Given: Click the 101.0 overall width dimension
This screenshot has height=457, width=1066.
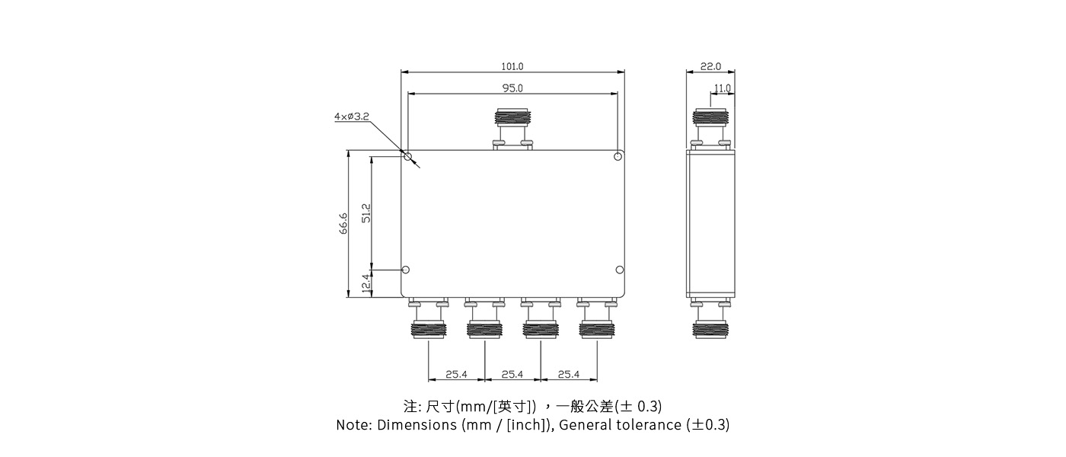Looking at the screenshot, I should [512, 67].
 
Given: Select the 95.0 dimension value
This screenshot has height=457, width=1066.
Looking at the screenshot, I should [512, 88].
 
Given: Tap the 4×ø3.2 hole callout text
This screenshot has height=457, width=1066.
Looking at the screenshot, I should [351, 117].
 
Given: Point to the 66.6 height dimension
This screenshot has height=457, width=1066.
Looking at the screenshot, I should [343, 223].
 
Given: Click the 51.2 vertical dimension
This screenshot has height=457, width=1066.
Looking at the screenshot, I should [366, 213].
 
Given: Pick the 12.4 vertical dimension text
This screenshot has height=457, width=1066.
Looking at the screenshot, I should [366, 283].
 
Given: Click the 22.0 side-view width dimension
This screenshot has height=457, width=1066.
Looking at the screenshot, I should [710, 67].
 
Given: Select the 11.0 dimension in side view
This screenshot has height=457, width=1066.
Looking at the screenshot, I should [722, 88].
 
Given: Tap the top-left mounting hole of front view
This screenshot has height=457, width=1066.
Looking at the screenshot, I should [408, 158].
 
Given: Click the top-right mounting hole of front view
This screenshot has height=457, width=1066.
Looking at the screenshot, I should [618, 157].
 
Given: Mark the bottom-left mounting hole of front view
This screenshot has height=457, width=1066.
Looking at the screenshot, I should [406, 270].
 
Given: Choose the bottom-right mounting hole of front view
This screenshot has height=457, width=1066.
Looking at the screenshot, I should [620, 270].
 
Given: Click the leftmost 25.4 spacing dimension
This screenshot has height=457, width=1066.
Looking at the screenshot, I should [456, 374].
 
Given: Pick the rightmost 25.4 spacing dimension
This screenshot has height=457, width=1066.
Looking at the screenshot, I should [568, 374].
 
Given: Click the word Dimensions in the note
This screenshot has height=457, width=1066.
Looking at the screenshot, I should [417, 425].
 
